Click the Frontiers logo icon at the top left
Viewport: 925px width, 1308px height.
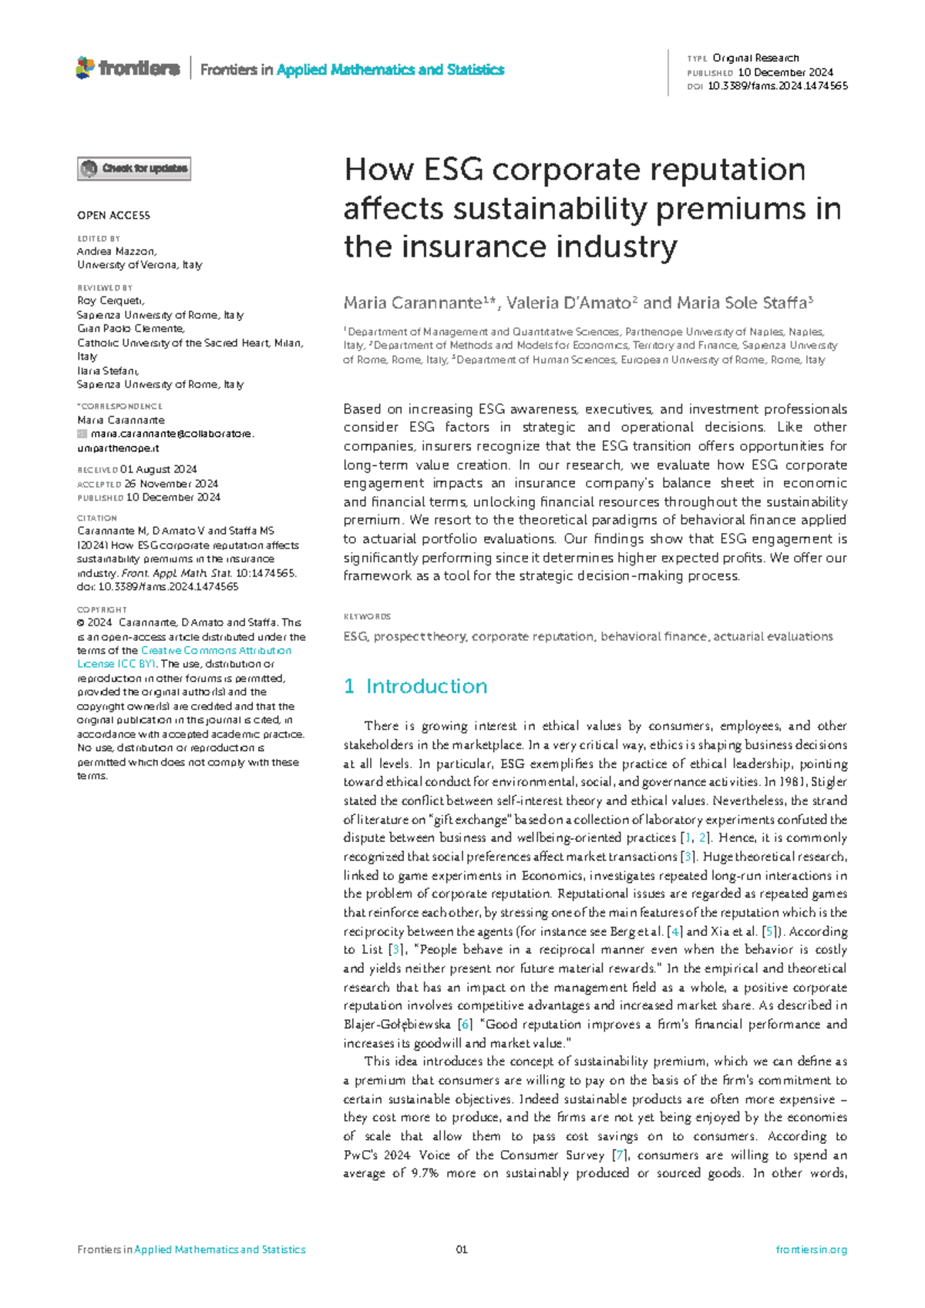(85, 68)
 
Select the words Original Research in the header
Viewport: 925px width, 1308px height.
(755, 58)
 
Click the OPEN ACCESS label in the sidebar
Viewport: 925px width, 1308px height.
(113, 216)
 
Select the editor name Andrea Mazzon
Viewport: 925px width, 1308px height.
(116, 251)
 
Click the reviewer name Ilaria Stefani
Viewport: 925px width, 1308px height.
(107, 371)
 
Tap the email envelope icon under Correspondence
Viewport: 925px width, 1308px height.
(82, 434)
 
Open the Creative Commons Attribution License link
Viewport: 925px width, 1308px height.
(215, 651)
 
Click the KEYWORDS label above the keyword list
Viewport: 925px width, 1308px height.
(367, 616)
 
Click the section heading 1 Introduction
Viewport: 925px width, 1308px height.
(415, 686)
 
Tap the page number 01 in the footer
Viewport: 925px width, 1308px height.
(462, 1249)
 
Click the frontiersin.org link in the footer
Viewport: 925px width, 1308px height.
(811, 1249)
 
